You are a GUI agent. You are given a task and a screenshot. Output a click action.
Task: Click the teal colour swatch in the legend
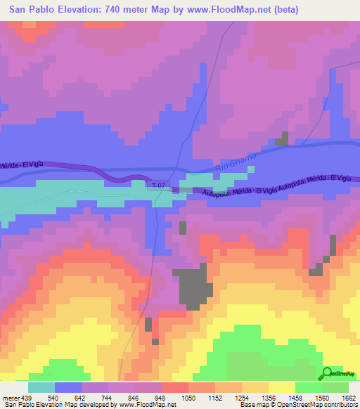tap(41, 387)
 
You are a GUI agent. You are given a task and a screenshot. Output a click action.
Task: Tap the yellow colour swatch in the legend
tap(281, 387)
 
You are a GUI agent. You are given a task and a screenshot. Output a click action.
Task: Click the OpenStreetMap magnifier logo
tap(328, 372)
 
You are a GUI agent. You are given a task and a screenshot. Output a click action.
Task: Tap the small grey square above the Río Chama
tap(281, 139)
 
